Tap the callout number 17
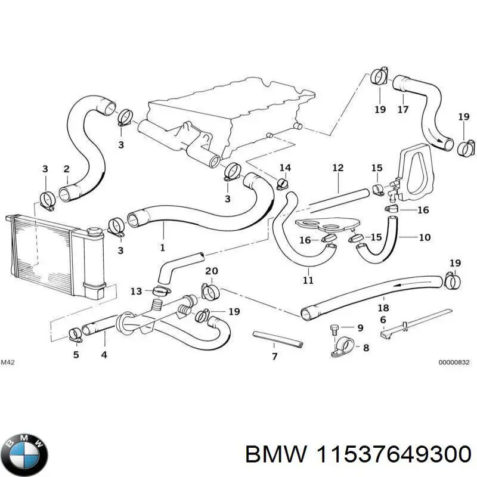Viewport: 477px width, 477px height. (x=403, y=110)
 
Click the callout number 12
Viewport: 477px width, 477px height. (x=338, y=168)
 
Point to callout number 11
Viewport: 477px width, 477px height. (x=308, y=280)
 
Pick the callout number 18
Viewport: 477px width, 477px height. (x=383, y=308)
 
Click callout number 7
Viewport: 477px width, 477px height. (x=274, y=357)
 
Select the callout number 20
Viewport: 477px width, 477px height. (x=211, y=272)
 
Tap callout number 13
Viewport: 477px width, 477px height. (x=137, y=291)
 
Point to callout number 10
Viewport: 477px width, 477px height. (x=424, y=237)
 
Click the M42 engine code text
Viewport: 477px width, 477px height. (x=8, y=362)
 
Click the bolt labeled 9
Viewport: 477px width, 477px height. (x=335, y=328)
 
